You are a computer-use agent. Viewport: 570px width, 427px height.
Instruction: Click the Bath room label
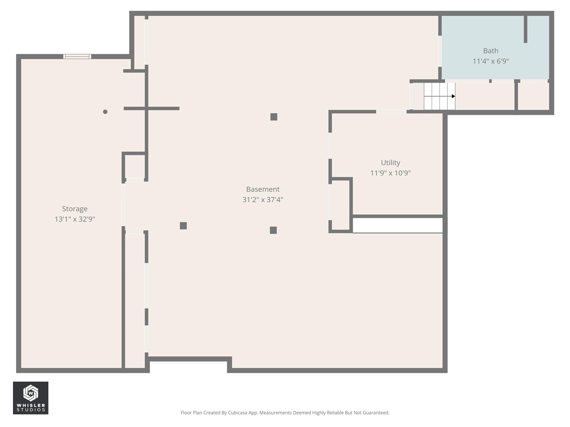(x=490, y=51)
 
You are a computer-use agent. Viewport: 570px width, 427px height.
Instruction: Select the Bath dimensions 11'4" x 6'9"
(x=490, y=61)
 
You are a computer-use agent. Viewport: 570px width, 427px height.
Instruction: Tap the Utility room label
(x=390, y=163)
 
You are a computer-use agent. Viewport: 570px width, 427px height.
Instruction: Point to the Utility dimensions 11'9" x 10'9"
(x=390, y=173)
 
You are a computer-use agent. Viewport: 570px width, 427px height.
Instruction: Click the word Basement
(x=263, y=189)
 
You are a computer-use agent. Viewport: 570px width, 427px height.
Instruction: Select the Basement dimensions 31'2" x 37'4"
(x=263, y=200)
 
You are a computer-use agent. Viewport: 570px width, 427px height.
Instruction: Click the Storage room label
(x=74, y=209)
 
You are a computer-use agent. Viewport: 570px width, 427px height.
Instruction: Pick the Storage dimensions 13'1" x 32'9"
(x=74, y=219)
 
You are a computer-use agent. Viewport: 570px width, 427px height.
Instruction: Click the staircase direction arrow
(x=452, y=96)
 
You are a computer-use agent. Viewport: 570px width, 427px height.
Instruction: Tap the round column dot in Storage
(x=105, y=112)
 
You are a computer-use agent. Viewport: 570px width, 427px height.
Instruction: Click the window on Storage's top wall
(x=77, y=56)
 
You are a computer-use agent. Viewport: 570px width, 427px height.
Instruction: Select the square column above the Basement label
(x=274, y=117)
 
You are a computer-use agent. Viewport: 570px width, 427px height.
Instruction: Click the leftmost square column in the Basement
(x=183, y=226)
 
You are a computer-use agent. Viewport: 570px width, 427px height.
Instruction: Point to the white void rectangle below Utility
(x=397, y=226)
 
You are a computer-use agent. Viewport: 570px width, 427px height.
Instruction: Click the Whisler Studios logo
(x=30, y=398)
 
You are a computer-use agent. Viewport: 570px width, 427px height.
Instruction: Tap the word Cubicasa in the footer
(x=243, y=413)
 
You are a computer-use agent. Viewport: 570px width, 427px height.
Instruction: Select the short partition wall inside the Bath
(x=525, y=29)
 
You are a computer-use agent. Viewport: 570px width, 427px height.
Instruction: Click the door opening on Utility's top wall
(x=391, y=112)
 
